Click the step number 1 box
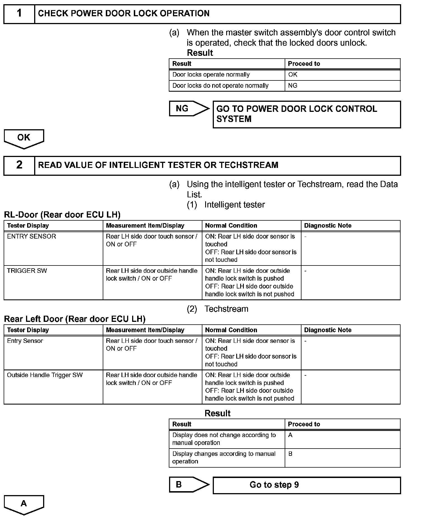[x=19, y=13]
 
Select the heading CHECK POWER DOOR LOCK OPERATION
[x=123, y=13]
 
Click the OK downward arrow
[x=24, y=138]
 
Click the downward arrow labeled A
[x=24, y=504]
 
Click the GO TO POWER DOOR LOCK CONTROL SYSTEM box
[x=307, y=114]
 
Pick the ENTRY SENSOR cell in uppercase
[x=31, y=236]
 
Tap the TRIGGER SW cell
[x=27, y=271]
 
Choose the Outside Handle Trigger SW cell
[x=45, y=375]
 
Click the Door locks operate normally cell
[x=211, y=75]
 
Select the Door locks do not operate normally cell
[x=220, y=86]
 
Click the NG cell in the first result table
[x=293, y=86]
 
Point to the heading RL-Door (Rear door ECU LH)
[x=62, y=215]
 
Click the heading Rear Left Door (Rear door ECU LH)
[x=75, y=319]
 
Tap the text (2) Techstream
[x=217, y=309]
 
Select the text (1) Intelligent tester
[x=226, y=205]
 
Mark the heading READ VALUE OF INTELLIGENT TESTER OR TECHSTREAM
[x=158, y=165]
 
